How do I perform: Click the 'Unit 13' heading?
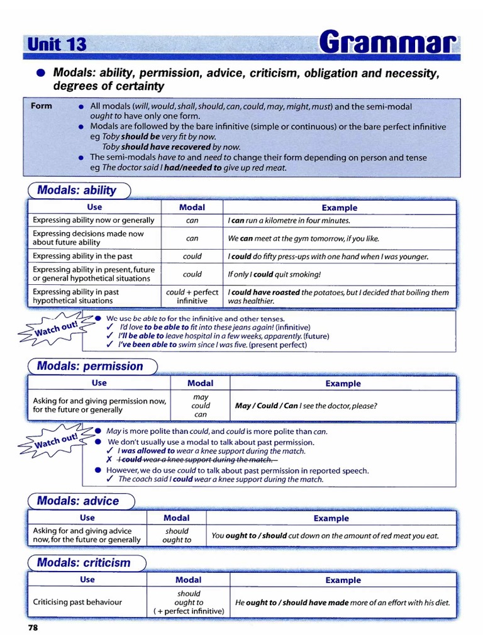(57, 44)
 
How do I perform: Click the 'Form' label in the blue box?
(42, 106)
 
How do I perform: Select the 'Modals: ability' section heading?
(77, 190)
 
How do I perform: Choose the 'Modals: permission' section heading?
(90, 366)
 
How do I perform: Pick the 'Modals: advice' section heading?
(78, 501)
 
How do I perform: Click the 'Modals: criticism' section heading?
(84, 562)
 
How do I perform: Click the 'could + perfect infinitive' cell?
(192, 296)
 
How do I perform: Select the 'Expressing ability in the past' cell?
(82, 256)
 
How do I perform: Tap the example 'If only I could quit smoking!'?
(274, 274)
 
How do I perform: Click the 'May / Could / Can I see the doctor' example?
(306, 406)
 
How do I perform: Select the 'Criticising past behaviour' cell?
(77, 602)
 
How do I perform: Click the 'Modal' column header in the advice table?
(176, 518)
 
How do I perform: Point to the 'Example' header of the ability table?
(339, 208)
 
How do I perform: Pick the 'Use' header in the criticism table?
(87, 579)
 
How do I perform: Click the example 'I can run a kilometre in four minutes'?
(289, 221)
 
